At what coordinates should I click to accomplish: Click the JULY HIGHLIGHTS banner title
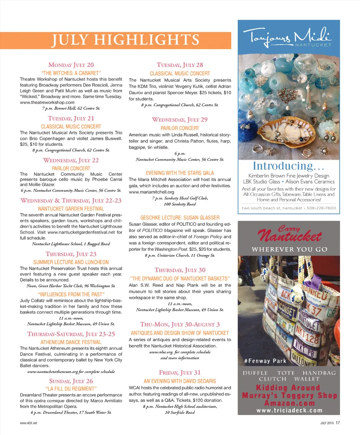tap(126, 40)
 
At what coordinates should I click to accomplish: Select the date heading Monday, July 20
tap(71, 65)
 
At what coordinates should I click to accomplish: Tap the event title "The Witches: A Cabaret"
tap(71, 73)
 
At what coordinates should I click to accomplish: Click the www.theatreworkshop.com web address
tap(47, 102)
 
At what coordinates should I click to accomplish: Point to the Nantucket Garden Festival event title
tap(71, 209)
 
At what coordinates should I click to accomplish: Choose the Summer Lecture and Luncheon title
tap(71, 262)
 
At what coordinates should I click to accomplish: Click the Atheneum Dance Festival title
tap(71, 342)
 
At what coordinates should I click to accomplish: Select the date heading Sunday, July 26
tap(71, 381)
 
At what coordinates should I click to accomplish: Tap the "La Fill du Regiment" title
tap(71, 389)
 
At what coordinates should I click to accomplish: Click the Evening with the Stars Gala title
tap(180, 173)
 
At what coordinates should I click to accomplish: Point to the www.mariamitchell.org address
tap(152, 192)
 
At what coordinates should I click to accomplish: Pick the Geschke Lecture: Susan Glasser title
tap(180, 218)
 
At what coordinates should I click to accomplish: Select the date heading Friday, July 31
tap(180, 372)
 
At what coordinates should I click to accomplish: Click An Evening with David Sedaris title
tap(180, 381)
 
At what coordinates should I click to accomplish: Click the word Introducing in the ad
tap(283, 166)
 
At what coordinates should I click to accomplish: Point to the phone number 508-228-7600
tap(321, 208)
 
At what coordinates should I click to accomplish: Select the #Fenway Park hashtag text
tap(265, 361)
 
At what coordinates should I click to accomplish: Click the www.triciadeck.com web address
tap(289, 410)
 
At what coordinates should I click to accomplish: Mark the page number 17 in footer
tap(337, 423)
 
